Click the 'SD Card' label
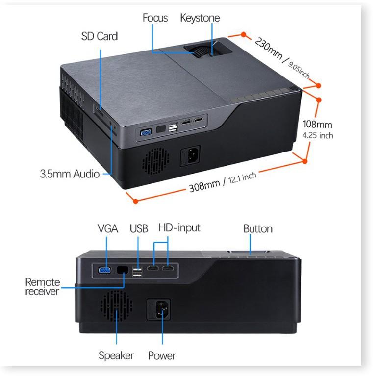click(x=99, y=36)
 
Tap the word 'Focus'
click(x=155, y=18)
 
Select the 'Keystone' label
click(x=200, y=18)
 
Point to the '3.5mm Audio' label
click(x=70, y=174)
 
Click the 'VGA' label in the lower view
click(x=108, y=229)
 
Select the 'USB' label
click(x=139, y=229)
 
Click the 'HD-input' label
click(x=179, y=228)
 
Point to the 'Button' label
click(x=258, y=229)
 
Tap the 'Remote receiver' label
click(x=43, y=287)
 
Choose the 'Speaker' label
click(x=116, y=355)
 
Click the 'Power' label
click(x=162, y=355)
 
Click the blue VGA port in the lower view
click(x=104, y=270)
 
